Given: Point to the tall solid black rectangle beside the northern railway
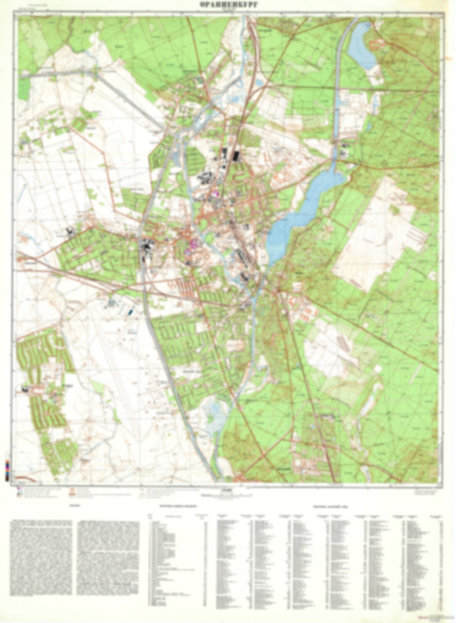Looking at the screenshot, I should point(235,156).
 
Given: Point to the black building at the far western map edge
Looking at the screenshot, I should point(25,389).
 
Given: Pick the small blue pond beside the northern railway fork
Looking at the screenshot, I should point(259,83).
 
